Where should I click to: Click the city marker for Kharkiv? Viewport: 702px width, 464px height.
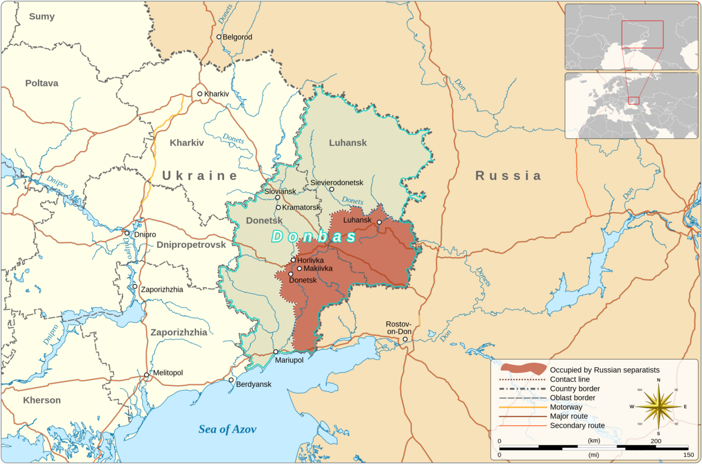coord(199,94)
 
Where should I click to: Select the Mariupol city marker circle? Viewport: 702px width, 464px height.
coord(276,352)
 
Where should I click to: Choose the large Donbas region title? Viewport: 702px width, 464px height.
coord(314,237)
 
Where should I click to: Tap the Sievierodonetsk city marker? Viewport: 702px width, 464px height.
coord(331,189)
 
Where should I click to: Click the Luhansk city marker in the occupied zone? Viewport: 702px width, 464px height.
coord(379,222)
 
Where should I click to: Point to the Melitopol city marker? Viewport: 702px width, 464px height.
coord(146,375)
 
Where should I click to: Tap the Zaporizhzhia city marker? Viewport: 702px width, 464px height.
coord(135,286)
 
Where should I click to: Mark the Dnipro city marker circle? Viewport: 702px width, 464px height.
coord(126,233)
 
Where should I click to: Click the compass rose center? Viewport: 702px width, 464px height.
coord(659,406)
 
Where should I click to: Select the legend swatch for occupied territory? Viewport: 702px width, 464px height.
coord(523,369)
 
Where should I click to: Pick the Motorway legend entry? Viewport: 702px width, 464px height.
coord(566,407)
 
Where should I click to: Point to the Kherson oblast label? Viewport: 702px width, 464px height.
coord(42,401)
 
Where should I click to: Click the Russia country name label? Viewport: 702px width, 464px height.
coord(508,176)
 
